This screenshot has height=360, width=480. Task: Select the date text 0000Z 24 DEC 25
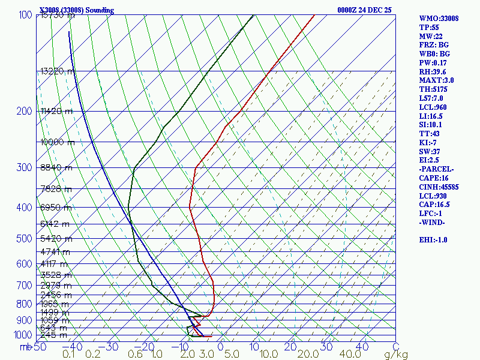365,10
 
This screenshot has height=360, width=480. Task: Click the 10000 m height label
58,142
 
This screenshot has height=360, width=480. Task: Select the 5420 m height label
55,239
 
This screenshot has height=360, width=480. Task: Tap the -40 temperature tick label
76,347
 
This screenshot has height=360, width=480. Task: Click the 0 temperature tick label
221,347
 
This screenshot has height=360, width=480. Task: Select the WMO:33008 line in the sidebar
439,19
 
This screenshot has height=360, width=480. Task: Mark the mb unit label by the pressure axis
25,347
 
